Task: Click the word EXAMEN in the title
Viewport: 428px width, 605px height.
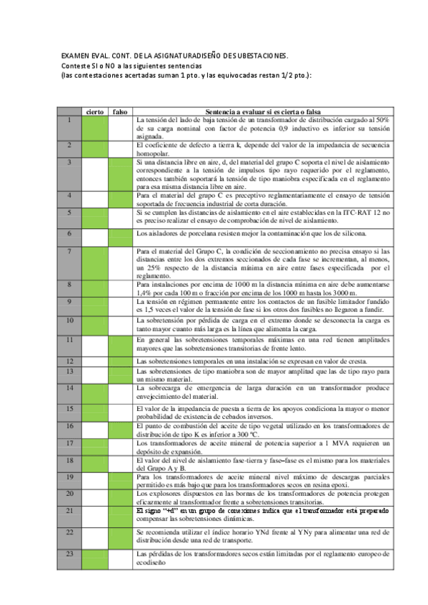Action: point(74,55)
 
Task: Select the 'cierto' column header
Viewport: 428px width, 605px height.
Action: point(94,111)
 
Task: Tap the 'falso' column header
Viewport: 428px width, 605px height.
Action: point(120,111)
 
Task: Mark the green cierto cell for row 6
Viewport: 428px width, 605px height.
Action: point(94,233)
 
